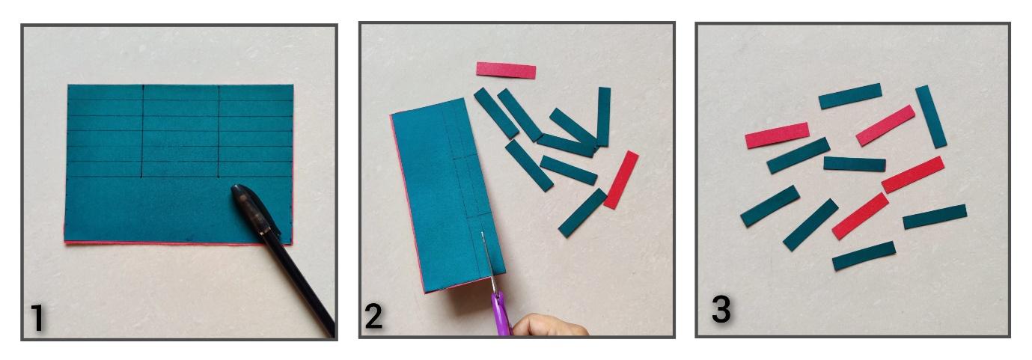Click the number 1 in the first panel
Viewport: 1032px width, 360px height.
pos(38,317)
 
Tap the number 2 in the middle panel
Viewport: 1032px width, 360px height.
pos(373,316)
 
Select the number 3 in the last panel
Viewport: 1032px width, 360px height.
pos(721,309)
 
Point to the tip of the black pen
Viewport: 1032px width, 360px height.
pos(235,188)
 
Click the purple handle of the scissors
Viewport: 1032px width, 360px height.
pos(501,316)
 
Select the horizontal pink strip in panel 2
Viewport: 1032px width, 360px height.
pos(506,70)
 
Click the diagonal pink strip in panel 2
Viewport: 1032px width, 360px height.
pos(621,180)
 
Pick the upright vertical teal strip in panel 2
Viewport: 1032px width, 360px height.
pos(603,117)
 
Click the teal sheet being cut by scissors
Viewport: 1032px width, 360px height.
pos(447,194)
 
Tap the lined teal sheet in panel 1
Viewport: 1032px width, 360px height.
pos(179,164)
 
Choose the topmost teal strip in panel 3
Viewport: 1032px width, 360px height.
pos(850,96)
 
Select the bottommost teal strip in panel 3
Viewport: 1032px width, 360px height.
pos(864,256)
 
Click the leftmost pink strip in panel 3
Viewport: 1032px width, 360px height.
pos(778,135)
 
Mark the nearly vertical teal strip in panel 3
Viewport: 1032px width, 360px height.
pos(931,117)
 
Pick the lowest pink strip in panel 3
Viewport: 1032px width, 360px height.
pos(860,216)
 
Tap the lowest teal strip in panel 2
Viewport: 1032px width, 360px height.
pos(582,213)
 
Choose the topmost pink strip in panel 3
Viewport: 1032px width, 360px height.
pos(885,126)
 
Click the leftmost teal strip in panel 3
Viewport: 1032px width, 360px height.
pos(770,206)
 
